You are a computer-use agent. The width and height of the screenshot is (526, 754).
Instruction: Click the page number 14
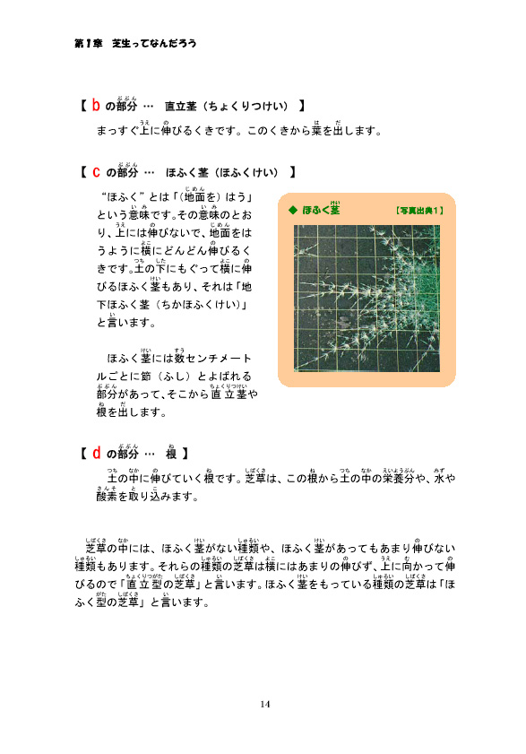click(264, 704)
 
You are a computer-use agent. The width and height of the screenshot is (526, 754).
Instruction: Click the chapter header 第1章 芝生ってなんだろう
click(135, 42)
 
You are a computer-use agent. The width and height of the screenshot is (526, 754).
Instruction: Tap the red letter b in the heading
click(95, 107)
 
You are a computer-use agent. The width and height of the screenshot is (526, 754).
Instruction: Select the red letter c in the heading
click(95, 172)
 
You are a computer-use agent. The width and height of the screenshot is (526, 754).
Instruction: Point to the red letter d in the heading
click(95, 453)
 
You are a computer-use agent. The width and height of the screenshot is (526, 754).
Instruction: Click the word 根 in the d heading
click(169, 454)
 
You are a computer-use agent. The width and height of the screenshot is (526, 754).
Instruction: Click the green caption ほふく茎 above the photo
click(321, 211)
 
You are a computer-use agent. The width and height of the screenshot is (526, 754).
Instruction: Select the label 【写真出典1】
click(419, 211)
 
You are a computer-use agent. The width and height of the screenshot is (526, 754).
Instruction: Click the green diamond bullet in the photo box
click(292, 211)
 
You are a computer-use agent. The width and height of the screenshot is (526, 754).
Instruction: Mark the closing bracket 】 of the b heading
click(303, 108)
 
